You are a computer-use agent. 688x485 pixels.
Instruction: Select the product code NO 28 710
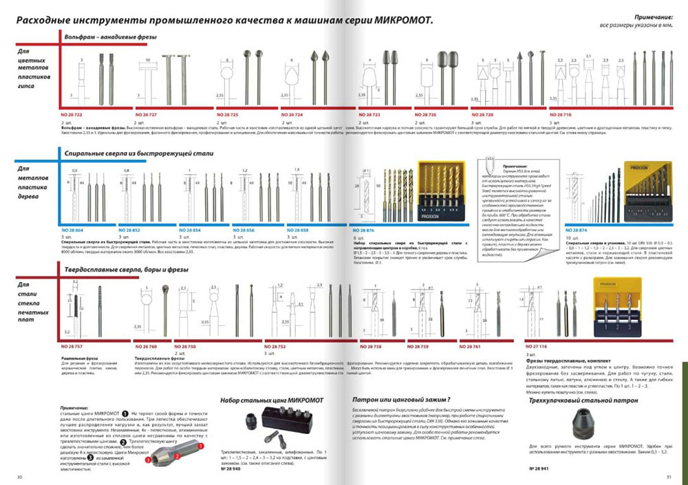click(555, 113)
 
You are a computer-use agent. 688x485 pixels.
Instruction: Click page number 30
click(20, 477)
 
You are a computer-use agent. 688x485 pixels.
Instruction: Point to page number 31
click(668, 477)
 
